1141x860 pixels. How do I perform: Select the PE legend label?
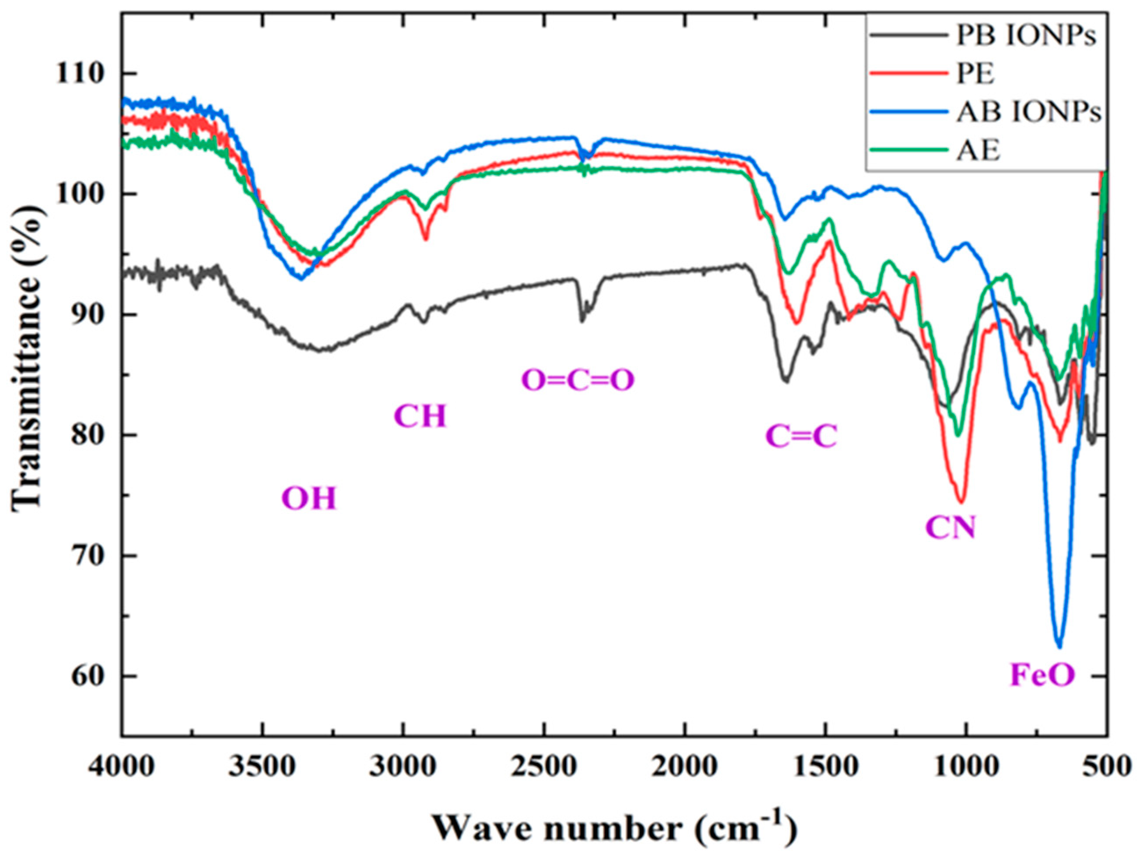(976, 74)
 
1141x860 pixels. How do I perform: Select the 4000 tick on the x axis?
(122, 766)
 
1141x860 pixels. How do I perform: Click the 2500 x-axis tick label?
(544, 766)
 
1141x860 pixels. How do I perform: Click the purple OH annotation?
(309, 498)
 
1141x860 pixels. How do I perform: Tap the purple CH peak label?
(420, 416)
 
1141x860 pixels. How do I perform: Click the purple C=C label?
(800, 436)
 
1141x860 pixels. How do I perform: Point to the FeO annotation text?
(1042, 675)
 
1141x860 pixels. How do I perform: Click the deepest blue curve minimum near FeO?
(1058, 646)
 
